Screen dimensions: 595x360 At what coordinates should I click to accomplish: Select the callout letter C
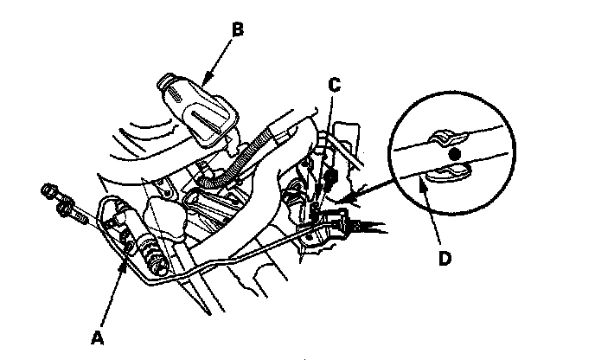click(x=333, y=85)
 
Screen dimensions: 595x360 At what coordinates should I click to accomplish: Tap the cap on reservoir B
click(x=170, y=86)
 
